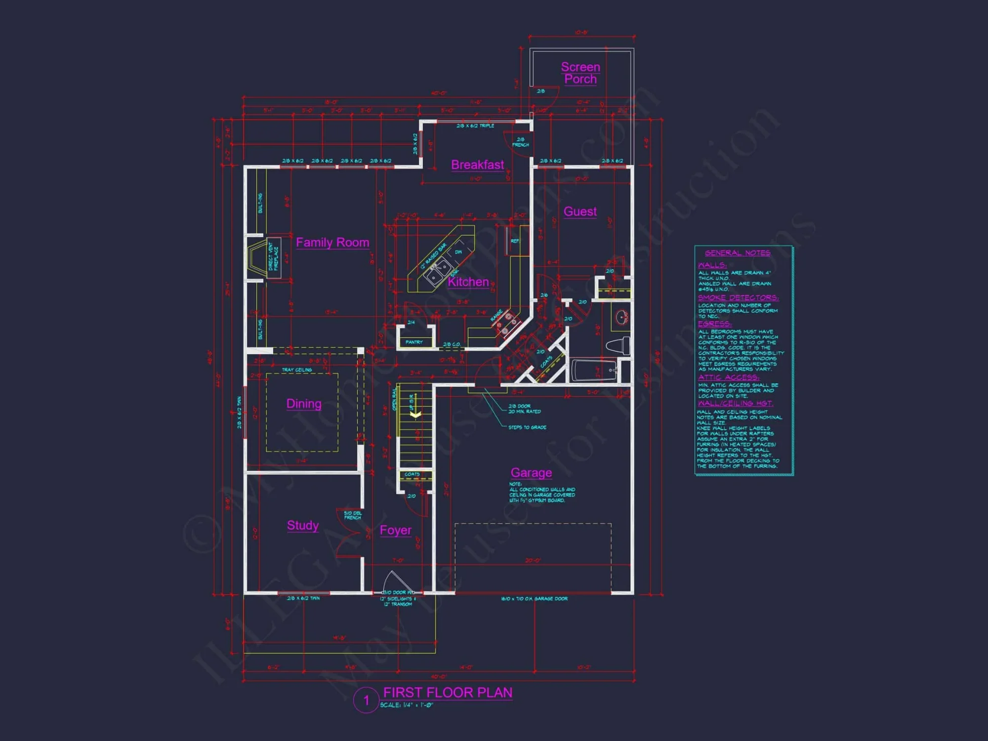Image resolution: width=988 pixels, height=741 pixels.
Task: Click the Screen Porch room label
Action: [x=580, y=73]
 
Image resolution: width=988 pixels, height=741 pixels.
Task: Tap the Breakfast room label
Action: [x=477, y=165]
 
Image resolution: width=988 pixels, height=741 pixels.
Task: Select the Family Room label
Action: [x=332, y=243]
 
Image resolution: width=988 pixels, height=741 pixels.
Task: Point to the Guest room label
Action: [x=580, y=211]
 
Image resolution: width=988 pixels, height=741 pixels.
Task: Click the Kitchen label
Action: [x=468, y=282]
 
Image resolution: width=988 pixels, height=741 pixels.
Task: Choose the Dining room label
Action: [x=304, y=404]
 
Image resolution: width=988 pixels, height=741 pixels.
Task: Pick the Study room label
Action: [x=303, y=525]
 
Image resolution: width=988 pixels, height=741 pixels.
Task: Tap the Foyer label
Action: [x=395, y=530]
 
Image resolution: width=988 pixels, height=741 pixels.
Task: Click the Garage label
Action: [x=531, y=473]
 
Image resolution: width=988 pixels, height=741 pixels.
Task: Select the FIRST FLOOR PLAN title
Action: [x=448, y=693]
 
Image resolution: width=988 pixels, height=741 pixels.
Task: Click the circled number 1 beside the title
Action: [x=366, y=700]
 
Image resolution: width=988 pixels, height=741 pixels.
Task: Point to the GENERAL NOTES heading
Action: [x=737, y=253]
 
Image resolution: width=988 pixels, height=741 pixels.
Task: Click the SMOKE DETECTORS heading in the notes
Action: [x=738, y=297]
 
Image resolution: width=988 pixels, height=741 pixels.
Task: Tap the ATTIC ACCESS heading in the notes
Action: [x=728, y=377]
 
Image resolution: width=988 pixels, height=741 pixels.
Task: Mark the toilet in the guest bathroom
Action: [x=619, y=345]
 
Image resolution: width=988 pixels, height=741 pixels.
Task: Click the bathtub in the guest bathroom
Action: [x=594, y=370]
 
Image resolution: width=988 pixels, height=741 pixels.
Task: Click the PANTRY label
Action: [x=414, y=342]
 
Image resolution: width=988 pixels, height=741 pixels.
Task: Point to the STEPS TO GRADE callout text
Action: [x=527, y=427]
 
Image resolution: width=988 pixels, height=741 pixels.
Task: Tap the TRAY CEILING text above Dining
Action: [x=297, y=370]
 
